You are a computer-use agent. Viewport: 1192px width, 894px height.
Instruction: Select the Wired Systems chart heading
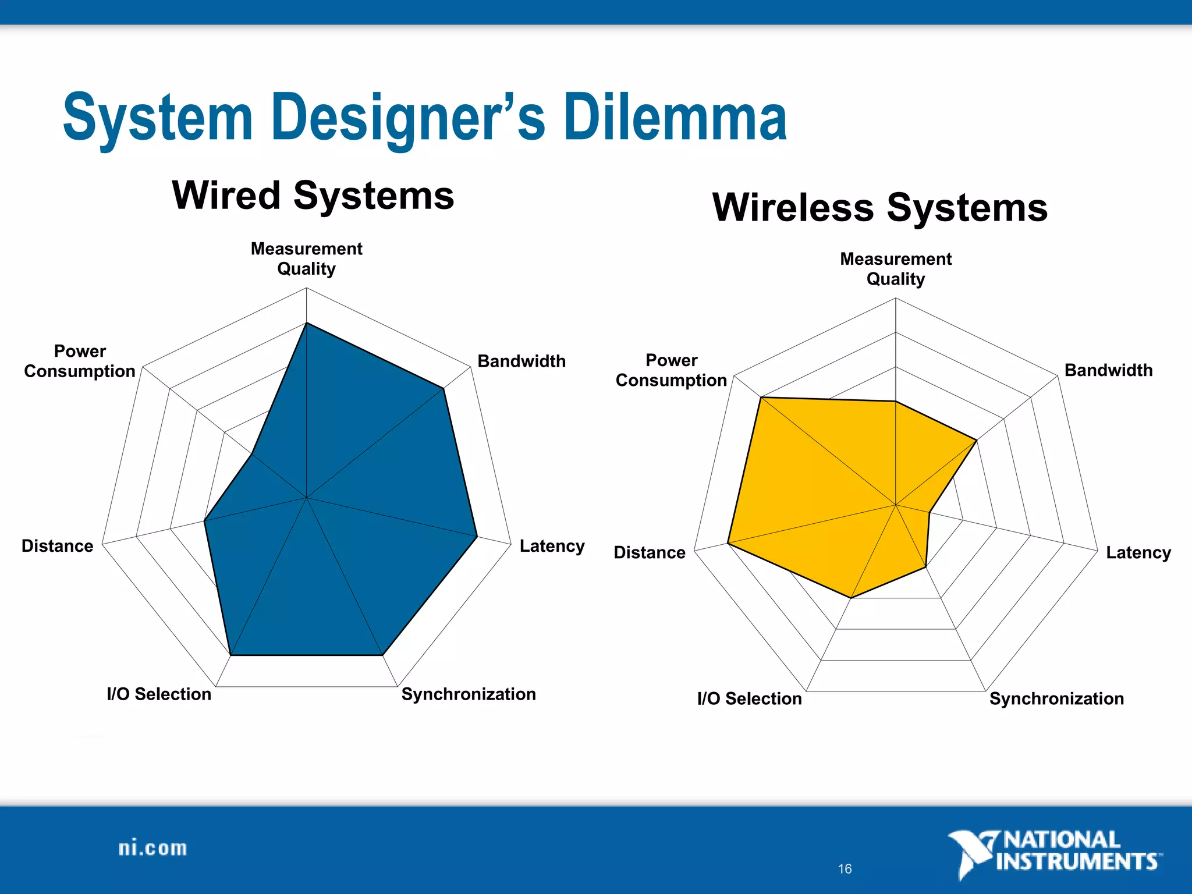pos(313,196)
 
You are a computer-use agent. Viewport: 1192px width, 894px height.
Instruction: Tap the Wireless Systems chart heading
pos(880,208)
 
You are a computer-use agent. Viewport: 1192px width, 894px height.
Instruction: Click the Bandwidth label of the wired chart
pos(521,361)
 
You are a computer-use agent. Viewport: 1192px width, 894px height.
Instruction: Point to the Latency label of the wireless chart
pos(1138,552)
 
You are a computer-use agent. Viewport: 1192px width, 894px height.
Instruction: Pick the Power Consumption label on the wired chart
pos(80,361)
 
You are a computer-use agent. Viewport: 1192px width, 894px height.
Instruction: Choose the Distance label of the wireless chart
pos(650,552)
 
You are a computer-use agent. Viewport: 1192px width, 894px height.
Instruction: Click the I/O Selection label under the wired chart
pos(159,694)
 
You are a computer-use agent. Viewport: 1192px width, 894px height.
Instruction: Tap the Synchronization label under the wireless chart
pos(1056,698)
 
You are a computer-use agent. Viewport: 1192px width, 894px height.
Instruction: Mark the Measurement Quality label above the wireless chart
pos(896,269)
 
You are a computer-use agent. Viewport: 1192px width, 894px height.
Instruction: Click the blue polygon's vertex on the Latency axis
pos(477,537)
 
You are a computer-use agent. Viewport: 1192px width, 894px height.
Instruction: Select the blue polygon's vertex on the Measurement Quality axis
pos(307,323)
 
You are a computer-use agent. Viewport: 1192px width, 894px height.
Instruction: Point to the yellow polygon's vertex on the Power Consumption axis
pos(761,398)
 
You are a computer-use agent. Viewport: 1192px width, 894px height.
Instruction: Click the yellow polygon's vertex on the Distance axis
pos(728,544)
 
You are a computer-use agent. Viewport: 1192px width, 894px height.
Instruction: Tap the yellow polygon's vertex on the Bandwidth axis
pos(976,441)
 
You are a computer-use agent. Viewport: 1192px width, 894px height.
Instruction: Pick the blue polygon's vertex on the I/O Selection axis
pos(231,655)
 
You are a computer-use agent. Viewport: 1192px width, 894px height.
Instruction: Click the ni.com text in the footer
pos(152,848)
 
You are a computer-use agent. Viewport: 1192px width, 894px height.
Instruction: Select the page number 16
pos(845,869)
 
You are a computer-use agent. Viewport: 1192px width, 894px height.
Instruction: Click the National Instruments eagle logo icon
pos(971,853)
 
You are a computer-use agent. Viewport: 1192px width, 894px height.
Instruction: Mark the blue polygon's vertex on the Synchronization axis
pos(382,655)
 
